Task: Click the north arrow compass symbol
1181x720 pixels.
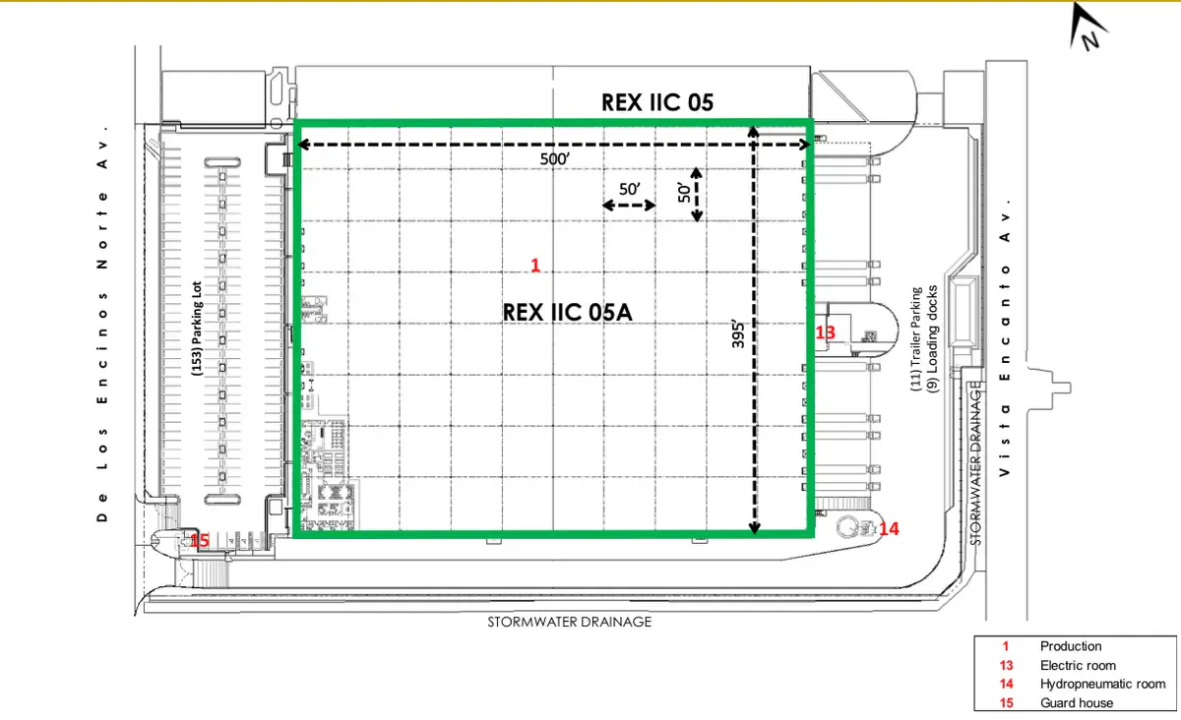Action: pyautogui.click(x=1088, y=27)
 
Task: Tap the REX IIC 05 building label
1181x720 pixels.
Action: pyautogui.click(x=657, y=102)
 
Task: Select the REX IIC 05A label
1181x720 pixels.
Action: pyautogui.click(x=567, y=312)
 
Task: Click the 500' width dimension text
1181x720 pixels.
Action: pyautogui.click(x=555, y=158)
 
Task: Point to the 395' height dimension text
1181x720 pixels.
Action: pyautogui.click(x=738, y=333)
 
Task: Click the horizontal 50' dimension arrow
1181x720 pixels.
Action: pyautogui.click(x=629, y=205)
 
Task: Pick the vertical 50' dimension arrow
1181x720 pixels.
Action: pyautogui.click(x=697, y=195)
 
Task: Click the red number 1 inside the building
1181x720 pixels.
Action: pyautogui.click(x=535, y=266)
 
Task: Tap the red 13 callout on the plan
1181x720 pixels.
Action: pyautogui.click(x=825, y=332)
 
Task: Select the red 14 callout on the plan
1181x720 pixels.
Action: pyautogui.click(x=889, y=528)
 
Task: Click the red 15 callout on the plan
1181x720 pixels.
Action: pyautogui.click(x=199, y=540)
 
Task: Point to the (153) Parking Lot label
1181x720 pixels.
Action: pyautogui.click(x=197, y=329)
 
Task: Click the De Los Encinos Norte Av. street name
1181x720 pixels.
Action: pyautogui.click(x=102, y=324)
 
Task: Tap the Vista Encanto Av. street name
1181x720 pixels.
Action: pyautogui.click(x=1005, y=337)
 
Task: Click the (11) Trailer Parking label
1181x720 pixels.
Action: pyautogui.click(x=917, y=339)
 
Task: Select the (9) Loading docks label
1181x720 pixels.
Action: pyautogui.click(x=933, y=339)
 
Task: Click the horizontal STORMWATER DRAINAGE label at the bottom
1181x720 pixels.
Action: pyautogui.click(x=570, y=622)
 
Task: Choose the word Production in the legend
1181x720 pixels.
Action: pyautogui.click(x=1071, y=646)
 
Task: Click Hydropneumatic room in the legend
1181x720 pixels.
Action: pyautogui.click(x=1102, y=685)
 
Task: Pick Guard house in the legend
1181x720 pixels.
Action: pyautogui.click(x=1077, y=703)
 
